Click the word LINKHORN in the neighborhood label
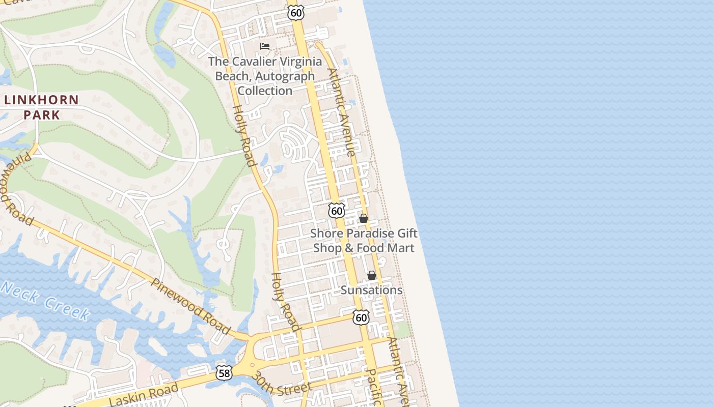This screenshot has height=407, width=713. pos(41,100)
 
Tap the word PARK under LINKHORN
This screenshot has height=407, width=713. pos(41,114)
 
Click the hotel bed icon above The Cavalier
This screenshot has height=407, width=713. pos(265,46)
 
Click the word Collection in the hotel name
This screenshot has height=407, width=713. pos(265,91)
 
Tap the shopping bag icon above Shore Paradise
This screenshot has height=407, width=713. pos(364,218)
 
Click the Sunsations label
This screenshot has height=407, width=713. pos(371,290)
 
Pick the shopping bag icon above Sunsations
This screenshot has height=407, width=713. pos(372,275)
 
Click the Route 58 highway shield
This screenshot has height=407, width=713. pos(224,372)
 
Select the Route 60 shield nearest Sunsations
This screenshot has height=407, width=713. pos(361,318)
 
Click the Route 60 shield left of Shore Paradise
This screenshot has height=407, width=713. pos(336,211)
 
